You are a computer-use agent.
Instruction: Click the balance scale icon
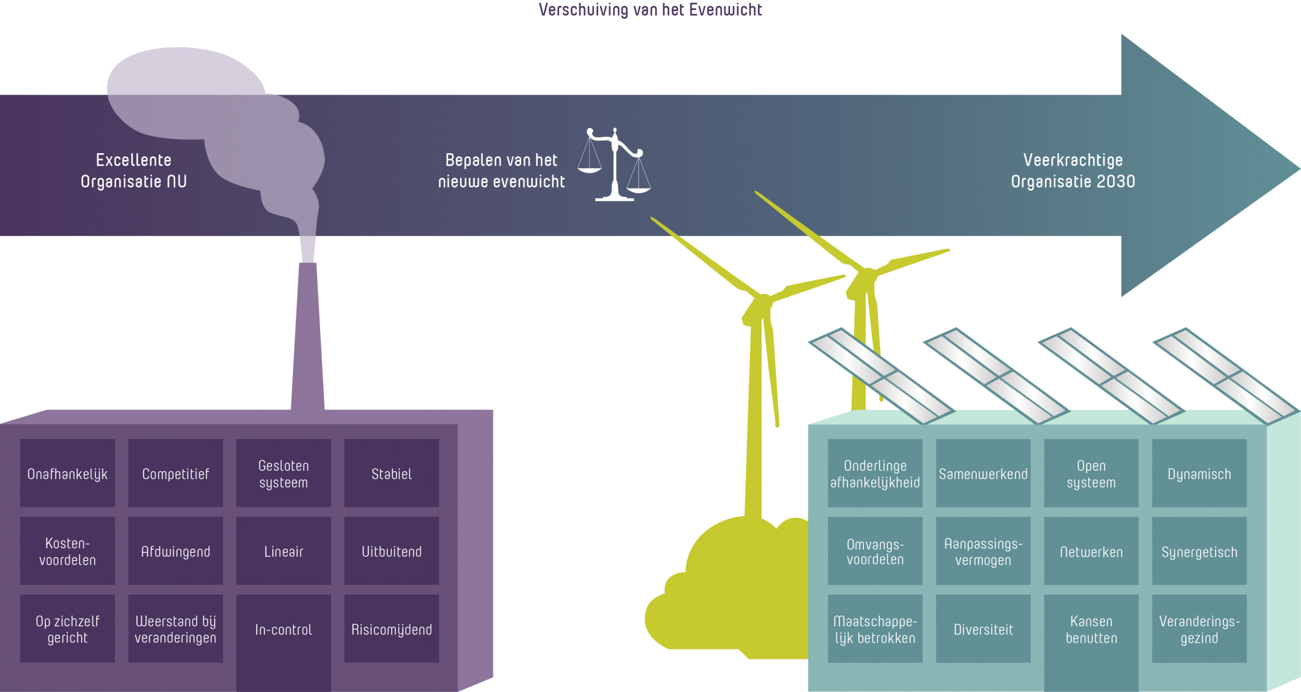pyautogui.click(x=615, y=164)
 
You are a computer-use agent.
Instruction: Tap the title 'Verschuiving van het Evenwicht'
pyautogui.click(x=650, y=10)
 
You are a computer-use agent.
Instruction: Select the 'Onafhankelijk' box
pyautogui.click(x=67, y=473)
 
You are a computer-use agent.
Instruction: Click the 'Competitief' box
pyautogui.click(x=175, y=473)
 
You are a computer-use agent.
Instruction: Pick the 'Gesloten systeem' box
pyautogui.click(x=284, y=473)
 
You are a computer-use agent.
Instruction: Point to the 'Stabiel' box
pyautogui.click(x=391, y=473)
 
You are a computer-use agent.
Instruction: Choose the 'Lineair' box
pyautogui.click(x=284, y=550)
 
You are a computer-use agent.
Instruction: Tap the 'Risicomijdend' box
pyautogui.click(x=391, y=628)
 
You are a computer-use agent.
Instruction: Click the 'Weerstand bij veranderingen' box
pyautogui.click(x=175, y=628)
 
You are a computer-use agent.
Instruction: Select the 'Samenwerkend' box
pyautogui.click(x=983, y=473)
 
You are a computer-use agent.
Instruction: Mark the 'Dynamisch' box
pyautogui.click(x=1199, y=473)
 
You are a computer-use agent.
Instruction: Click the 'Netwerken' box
pyautogui.click(x=1091, y=550)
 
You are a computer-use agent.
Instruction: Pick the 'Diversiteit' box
pyautogui.click(x=983, y=628)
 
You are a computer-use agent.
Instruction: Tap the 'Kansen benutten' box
pyautogui.click(x=1091, y=628)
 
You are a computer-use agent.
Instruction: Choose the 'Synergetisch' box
pyautogui.click(x=1199, y=550)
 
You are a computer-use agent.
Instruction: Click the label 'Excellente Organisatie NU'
pyautogui.click(x=134, y=170)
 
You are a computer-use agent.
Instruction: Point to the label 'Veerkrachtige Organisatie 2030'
pyautogui.click(x=1073, y=170)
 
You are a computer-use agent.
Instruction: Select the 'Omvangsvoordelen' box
pyautogui.click(x=875, y=550)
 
